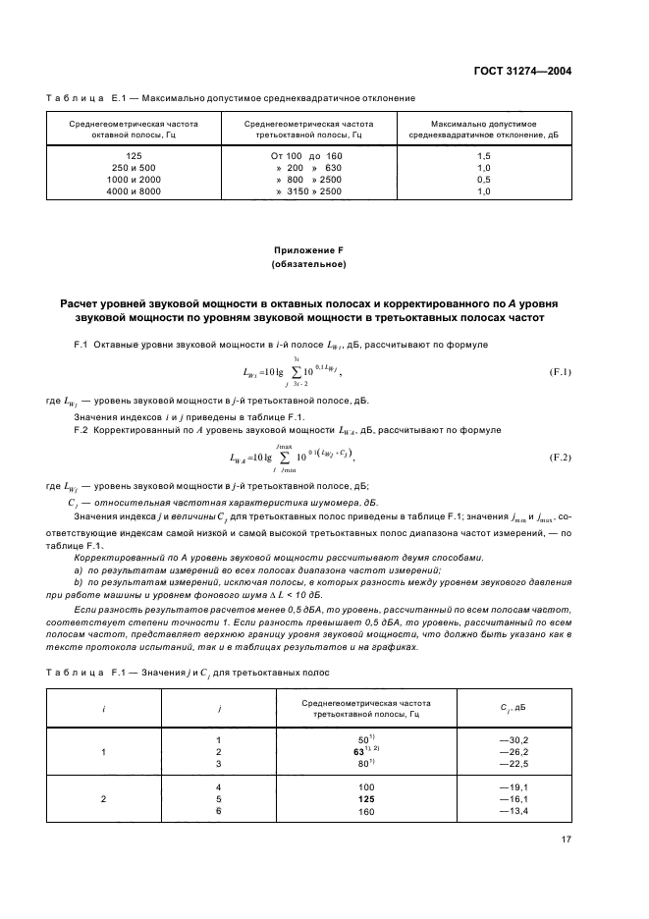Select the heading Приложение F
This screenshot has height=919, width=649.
pos(307,249)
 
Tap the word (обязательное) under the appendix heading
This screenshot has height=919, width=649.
pos(307,265)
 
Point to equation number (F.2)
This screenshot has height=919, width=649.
pos(561,458)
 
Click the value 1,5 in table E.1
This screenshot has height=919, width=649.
pos(483,156)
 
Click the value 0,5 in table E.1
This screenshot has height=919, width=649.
pos(483,180)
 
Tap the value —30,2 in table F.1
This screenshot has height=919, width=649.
pos(514,738)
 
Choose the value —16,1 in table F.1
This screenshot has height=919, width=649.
pos(514,799)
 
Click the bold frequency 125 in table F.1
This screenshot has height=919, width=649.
pos(367,799)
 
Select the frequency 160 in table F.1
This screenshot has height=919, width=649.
pos(367,811)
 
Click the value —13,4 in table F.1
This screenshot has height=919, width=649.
pos(514,811)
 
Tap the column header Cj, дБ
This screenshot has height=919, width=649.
pos(514,707)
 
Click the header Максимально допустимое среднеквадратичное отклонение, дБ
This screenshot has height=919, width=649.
pos(483,131)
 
